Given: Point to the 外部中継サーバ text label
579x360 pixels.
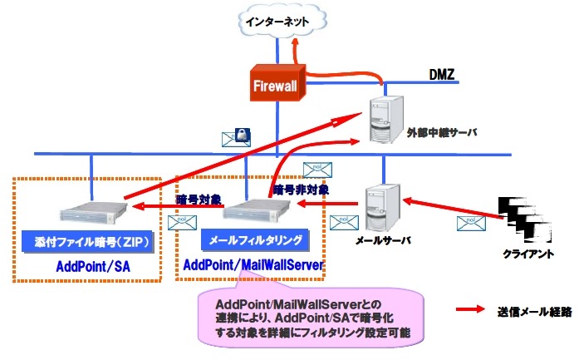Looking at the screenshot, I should pos(440,132).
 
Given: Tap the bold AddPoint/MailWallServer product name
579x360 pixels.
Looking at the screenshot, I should pos(252,264).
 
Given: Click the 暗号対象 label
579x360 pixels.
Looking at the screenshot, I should pos(198,200).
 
